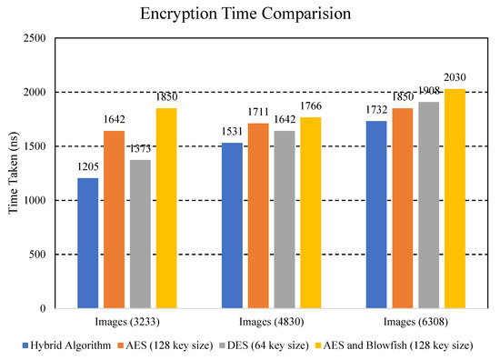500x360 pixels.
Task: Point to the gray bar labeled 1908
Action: click(x=428, y=205)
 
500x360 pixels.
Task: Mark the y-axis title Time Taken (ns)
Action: click(x=12, y=173)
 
